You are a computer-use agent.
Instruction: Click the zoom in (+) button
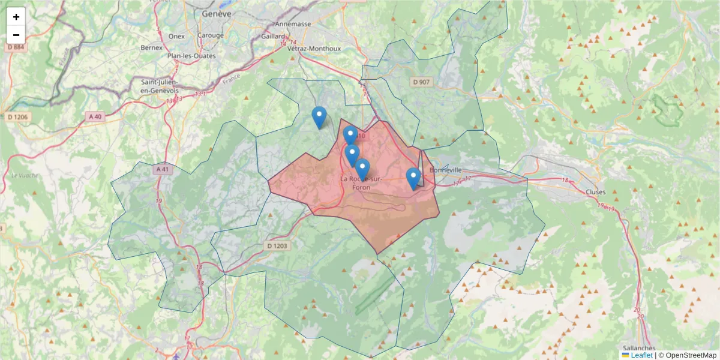point(16,17)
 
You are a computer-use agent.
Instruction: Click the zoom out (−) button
point(16,35)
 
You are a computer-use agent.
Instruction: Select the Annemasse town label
point(293,25)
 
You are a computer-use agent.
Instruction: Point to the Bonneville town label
point(445,170)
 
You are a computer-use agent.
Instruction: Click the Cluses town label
point(596,192)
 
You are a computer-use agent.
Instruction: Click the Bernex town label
point(152,47)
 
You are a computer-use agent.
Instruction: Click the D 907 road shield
point(422,82)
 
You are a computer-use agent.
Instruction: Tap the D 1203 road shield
point(277,245)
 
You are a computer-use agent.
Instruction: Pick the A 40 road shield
point(93,116)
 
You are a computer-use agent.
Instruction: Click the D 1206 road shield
point(19,116)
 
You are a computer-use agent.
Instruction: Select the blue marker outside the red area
point(319,117)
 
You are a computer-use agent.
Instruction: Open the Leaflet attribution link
point(641,355)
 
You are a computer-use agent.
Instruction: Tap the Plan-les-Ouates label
point(191,56)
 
